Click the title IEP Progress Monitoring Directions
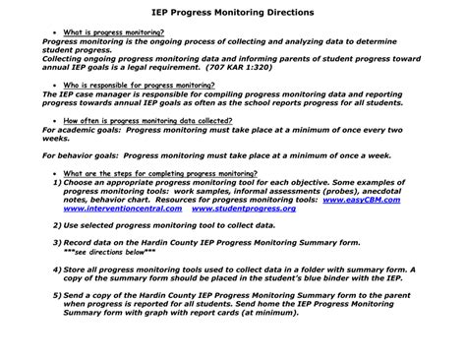pos(233,13)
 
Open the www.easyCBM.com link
pos(363,200)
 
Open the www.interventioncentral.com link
pos(105,209)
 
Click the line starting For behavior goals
pos(217,155)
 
